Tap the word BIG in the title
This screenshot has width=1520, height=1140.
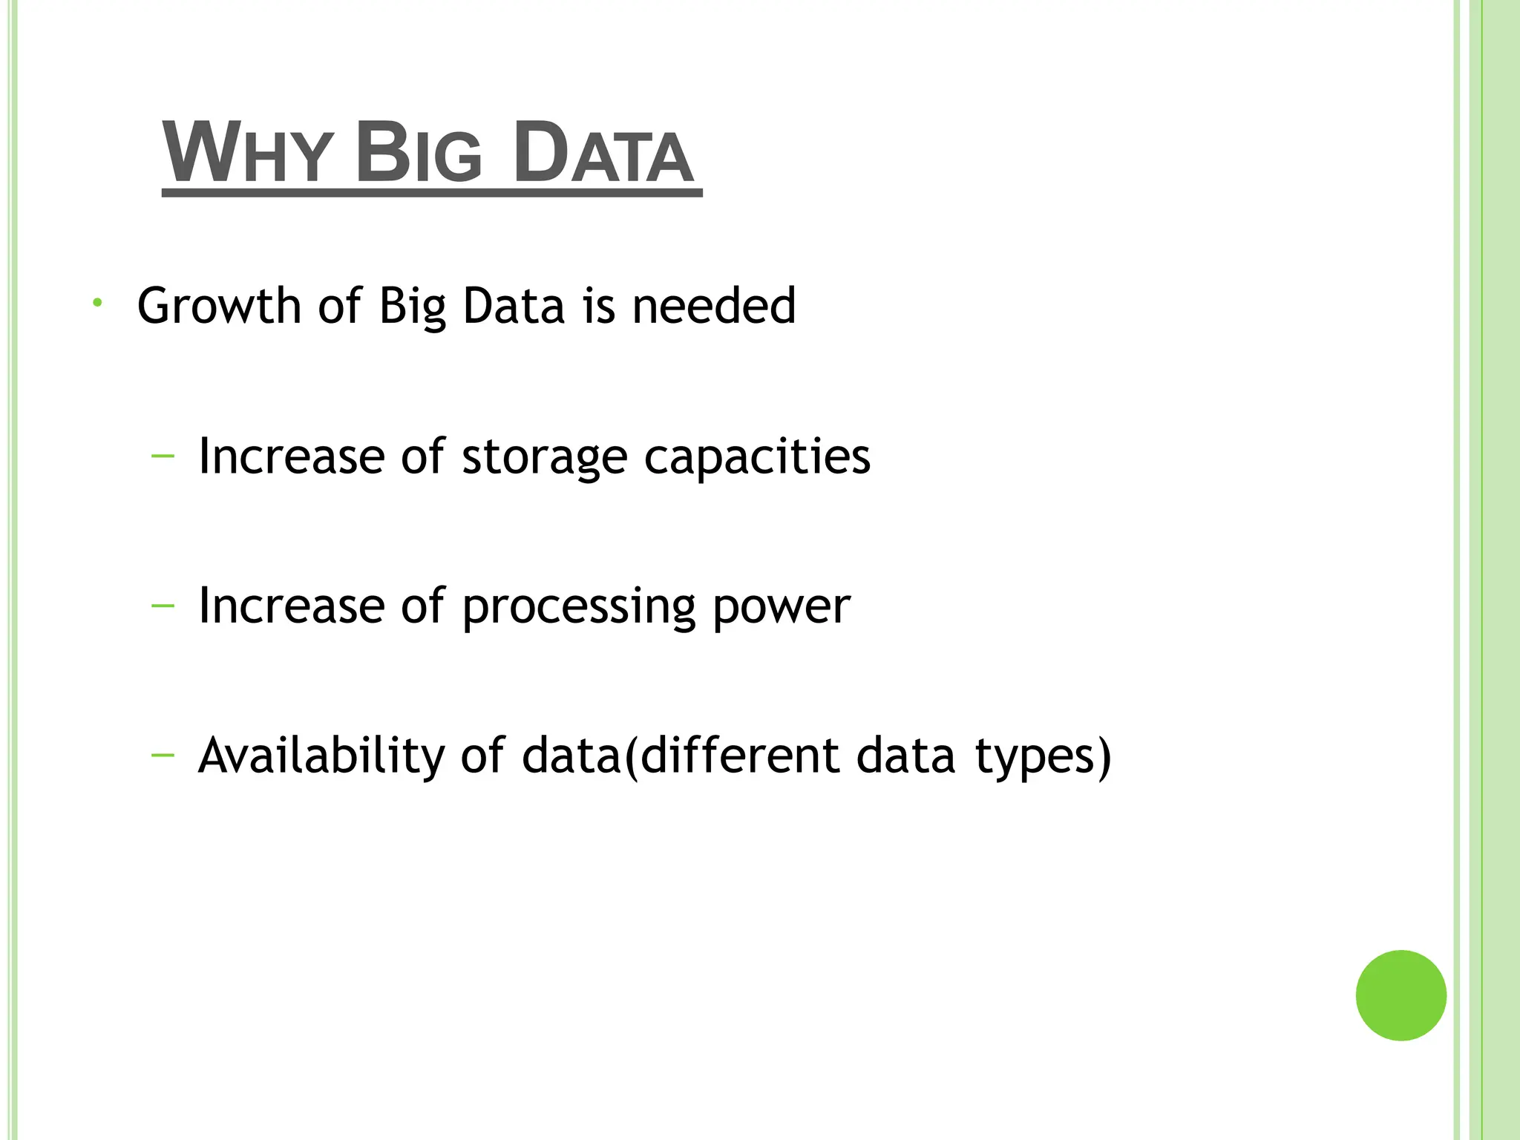[419, 154]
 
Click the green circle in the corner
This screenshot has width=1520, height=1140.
[1401, 995]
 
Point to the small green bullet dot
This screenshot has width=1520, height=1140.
[96, 303]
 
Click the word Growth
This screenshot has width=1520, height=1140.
[219, 306]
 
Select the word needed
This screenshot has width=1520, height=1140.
[714, 306]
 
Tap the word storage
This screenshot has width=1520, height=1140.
[545, 457]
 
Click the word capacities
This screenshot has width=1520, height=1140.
[757, 457]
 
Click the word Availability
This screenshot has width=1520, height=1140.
[321, 757]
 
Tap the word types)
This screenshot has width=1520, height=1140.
[1043, 757]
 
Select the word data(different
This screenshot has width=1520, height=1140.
[681, 757]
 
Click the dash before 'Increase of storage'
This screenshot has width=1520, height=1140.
[163, 456]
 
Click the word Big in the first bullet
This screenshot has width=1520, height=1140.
[412, 306]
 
